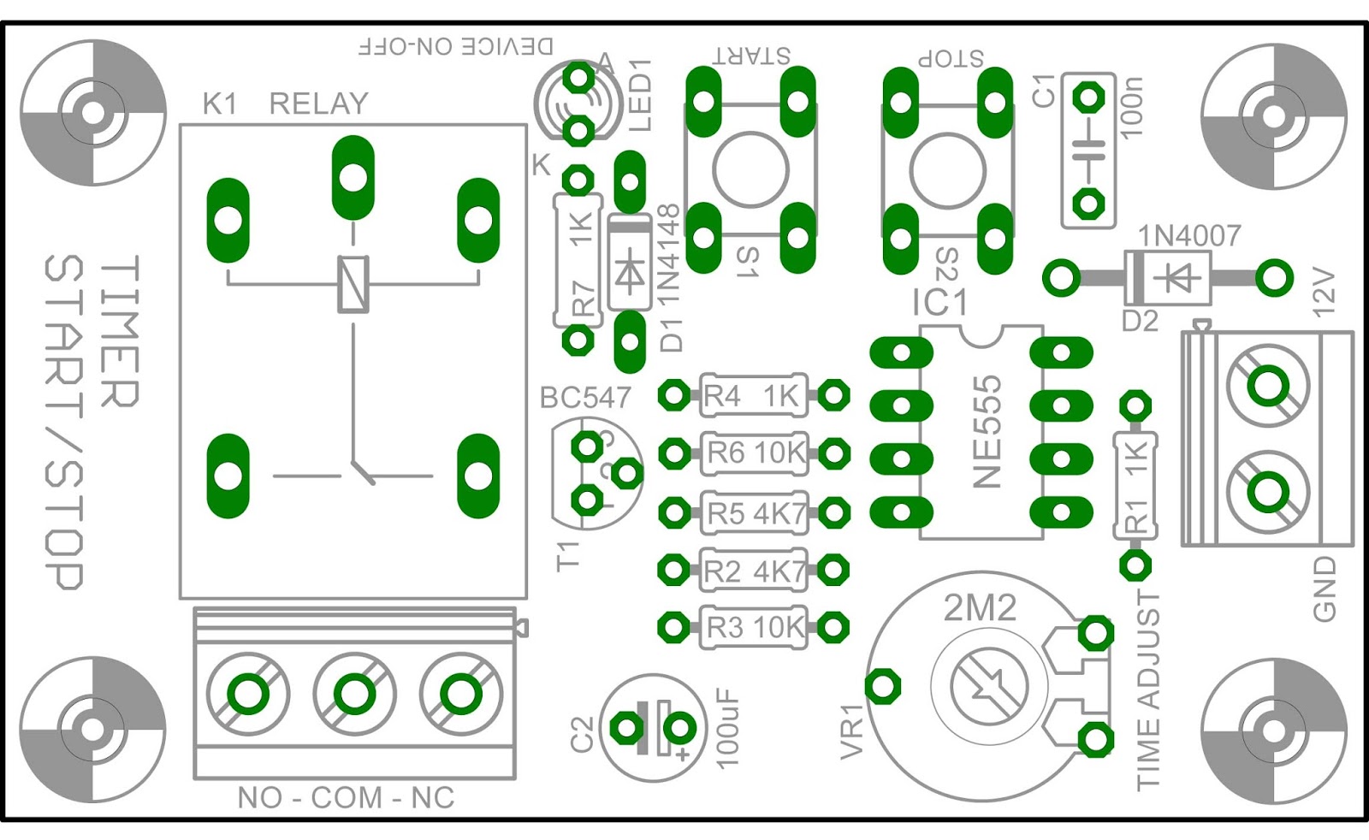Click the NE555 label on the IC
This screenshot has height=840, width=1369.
click(987, 431)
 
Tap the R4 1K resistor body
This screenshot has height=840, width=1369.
click(753, 395)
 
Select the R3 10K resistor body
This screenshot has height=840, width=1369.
click(753, 627)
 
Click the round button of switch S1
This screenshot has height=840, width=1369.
click(750, 169)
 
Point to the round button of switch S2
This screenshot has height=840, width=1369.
click(947, 169)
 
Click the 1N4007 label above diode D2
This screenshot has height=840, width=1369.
click(1188, 235)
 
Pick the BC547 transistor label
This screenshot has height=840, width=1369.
click(585, 398)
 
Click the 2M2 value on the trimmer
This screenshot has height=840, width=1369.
click(980, 608)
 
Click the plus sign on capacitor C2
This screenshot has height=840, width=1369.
click(683, 754)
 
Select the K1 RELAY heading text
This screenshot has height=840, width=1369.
click(285, 104)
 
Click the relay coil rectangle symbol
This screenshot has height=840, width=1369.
click(353, 284)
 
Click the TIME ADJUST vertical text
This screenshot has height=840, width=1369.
click(1149, 689)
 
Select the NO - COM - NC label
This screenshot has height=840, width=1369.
click(346, 798)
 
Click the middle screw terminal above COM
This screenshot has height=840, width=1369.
click(354, 694)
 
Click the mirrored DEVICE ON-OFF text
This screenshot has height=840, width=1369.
click(455, 46)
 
